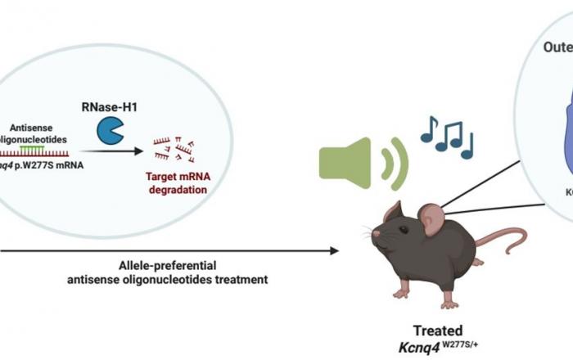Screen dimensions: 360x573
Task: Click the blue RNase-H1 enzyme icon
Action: (111, 130)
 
